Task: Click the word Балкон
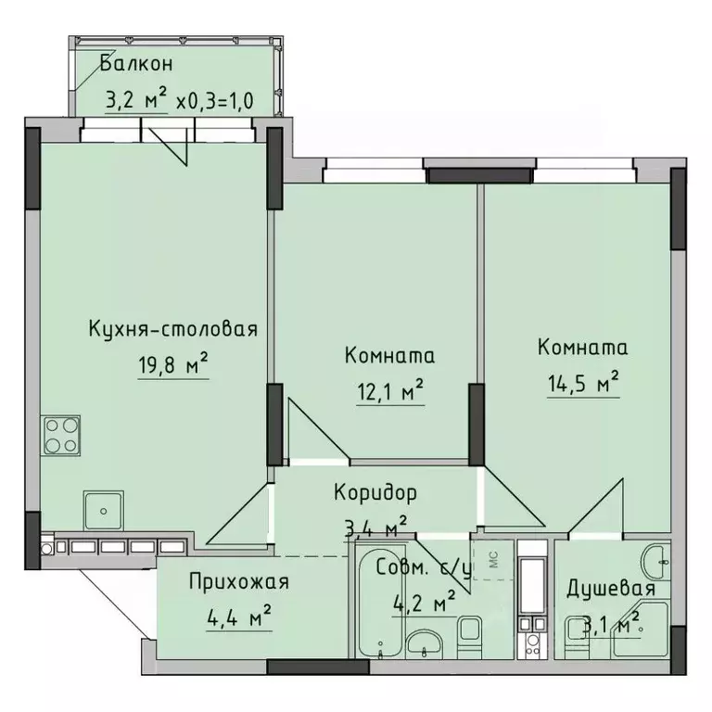(x=136, y=64)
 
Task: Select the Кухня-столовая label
(x=172, y=329)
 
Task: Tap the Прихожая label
(x=238, y=582)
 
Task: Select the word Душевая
(x=612, y=589)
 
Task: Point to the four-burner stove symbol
(x=60, y=437)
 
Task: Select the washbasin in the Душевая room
(x=657, y=556)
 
